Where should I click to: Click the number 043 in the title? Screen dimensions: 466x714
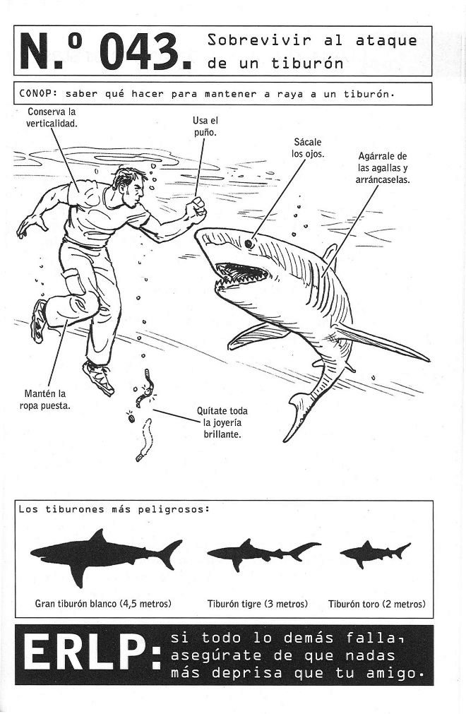coord(139,52)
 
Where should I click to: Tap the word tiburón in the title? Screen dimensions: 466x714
coord(307,63)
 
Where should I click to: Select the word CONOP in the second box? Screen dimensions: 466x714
coord(36,93)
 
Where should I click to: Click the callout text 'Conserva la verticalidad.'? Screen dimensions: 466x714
coord(52,117)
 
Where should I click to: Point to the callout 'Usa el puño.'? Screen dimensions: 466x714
coord(205,126)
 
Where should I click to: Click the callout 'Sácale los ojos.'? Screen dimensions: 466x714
coord(308,148)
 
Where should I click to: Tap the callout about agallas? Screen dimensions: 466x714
coord(382,167)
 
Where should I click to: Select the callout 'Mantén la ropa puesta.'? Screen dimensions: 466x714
coord(45,399)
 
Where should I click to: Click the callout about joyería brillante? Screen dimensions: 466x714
coord(222,422)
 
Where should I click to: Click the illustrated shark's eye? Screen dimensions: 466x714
coord(249,244)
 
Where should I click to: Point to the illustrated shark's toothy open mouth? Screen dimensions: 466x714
coord(241,274)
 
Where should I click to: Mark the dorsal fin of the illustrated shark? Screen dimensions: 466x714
coord(331,256)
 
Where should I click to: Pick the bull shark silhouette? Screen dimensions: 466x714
coord(374,553)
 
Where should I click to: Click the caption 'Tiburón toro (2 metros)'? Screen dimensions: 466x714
coord(377,605)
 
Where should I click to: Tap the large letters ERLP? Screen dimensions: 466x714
coord(91,654)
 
